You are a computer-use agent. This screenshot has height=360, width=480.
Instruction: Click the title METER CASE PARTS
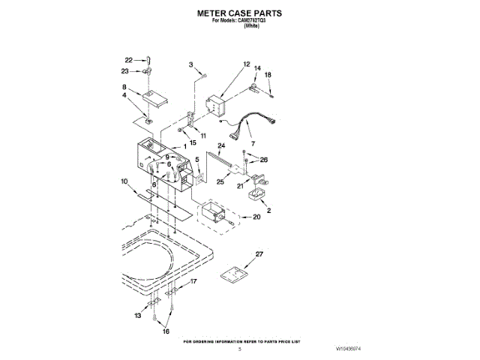pos(239,13)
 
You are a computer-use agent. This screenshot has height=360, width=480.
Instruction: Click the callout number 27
pos(260,256)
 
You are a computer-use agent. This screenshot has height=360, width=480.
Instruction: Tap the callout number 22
pos(128,60)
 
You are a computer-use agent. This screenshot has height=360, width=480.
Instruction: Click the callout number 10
pos(124,181)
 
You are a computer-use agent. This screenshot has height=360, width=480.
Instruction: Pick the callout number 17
pos(193,282)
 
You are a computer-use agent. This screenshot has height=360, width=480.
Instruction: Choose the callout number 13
pos(137,317)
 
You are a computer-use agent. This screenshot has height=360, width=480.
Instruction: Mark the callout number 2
pos(268,211)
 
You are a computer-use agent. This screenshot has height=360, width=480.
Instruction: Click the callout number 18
pos(268,75)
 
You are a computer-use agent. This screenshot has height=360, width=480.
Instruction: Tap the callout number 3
pos(191,64)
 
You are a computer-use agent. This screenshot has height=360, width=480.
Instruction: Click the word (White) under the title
pos(251,26)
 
